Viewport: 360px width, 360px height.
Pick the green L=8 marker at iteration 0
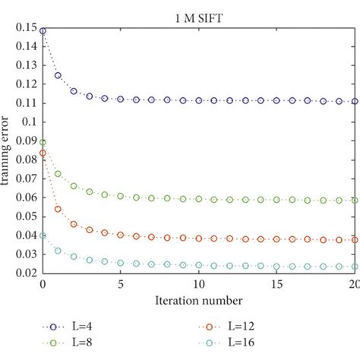43,142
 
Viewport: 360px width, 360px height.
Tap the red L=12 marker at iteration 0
43,153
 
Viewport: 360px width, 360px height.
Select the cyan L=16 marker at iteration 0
43,235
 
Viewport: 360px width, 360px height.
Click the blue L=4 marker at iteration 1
58,76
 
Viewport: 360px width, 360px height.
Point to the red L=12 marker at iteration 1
58,209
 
